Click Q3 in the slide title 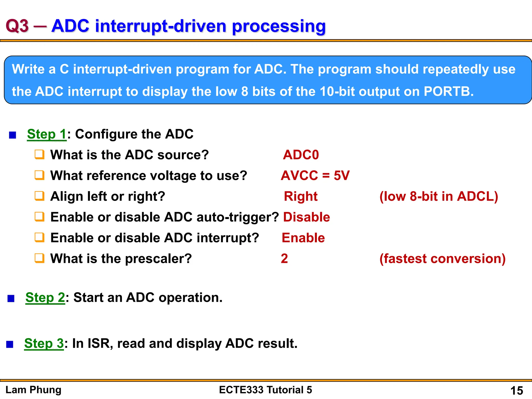pos(17,26)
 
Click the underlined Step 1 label pos(47,134)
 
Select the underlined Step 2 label pos(45,297)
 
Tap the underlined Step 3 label pos(44,343)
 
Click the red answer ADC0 pos(301,155)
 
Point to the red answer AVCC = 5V pos(315,176)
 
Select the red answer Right pos(301,196)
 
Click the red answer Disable pos(307,217)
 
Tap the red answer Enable pos(303,238)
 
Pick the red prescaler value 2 pos(284,259)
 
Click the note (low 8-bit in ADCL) pos(439,196)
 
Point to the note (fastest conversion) pos(442,259)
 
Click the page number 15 pos(516,390)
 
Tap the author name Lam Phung pos(34,390)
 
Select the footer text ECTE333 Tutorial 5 pos(265,390)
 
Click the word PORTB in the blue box pos(448,92)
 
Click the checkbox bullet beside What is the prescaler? pos(39,258)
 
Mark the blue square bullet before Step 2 pos(11,298)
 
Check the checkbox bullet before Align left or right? pos(39,196)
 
